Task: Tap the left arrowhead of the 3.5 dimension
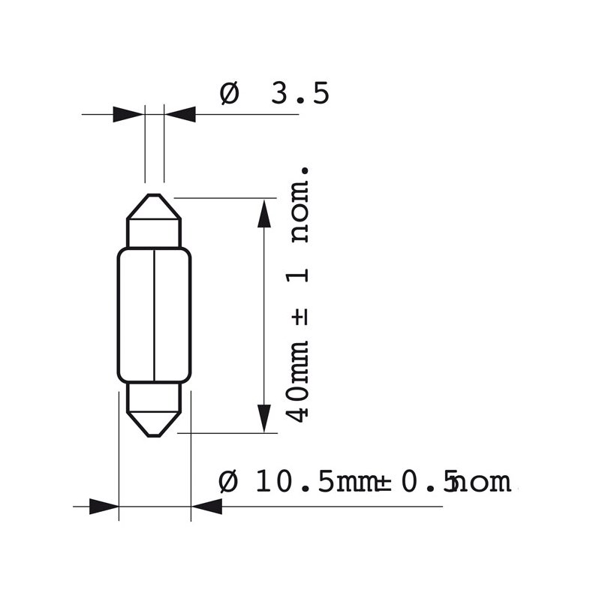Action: [128, 115]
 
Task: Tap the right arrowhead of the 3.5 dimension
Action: [180, 115]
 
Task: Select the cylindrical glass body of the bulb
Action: [135, 315]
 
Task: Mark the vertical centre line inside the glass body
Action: [154, 315]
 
